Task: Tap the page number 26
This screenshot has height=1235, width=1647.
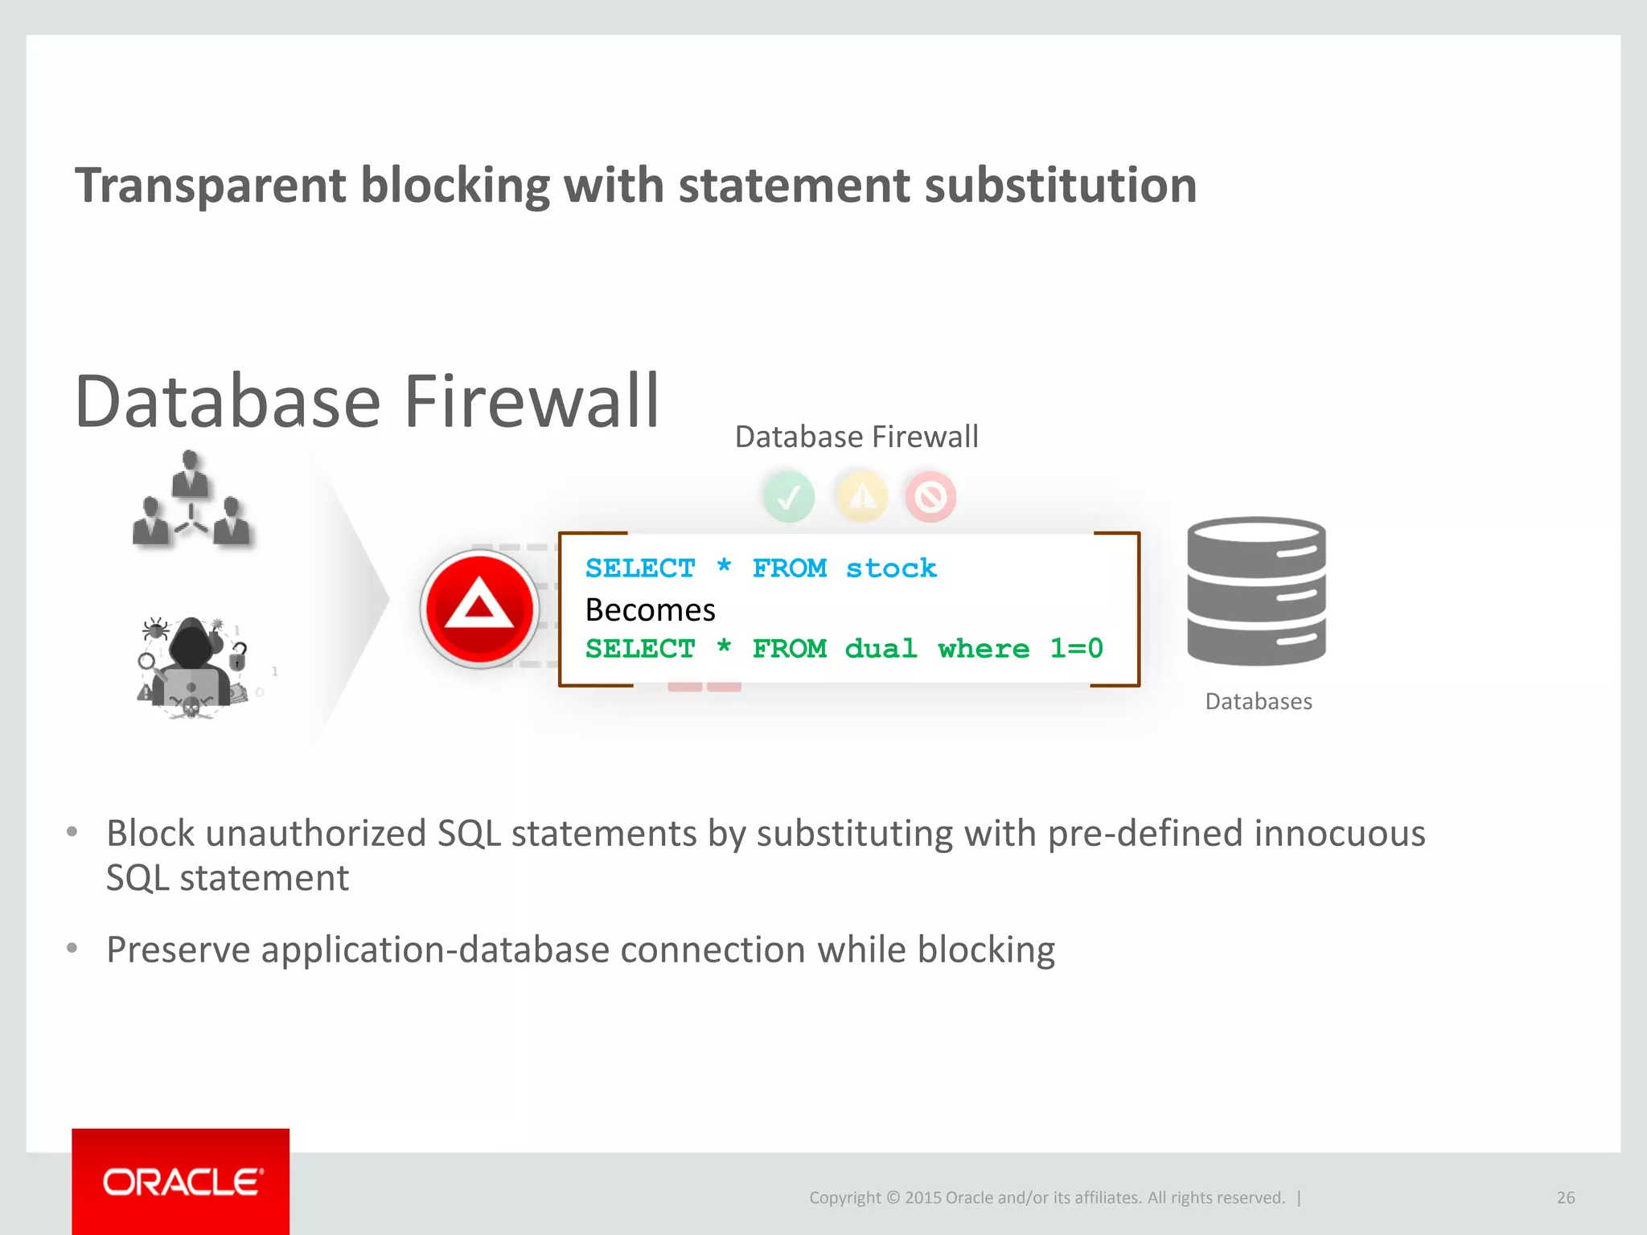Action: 1565,1197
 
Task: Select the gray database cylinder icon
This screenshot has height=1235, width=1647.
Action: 1256,591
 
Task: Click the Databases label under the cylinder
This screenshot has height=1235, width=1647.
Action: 1259,701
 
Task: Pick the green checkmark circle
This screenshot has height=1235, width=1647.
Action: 789,497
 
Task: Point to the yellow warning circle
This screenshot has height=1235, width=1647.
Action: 862,497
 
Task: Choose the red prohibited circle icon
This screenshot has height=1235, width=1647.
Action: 930,497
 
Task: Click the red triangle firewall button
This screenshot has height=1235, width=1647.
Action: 479,609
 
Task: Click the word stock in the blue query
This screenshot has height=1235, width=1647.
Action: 891,568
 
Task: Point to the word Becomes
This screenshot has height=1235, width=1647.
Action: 650,610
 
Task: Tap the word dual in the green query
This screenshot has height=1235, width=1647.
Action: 881,648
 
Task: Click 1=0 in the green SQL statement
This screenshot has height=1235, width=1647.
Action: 1076,648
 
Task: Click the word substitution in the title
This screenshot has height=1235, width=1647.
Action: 1061,186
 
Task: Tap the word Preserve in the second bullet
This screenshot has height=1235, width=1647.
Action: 178,950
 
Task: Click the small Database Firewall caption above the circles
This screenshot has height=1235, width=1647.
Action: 856,437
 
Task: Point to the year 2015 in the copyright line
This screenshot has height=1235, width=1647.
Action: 922,1197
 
